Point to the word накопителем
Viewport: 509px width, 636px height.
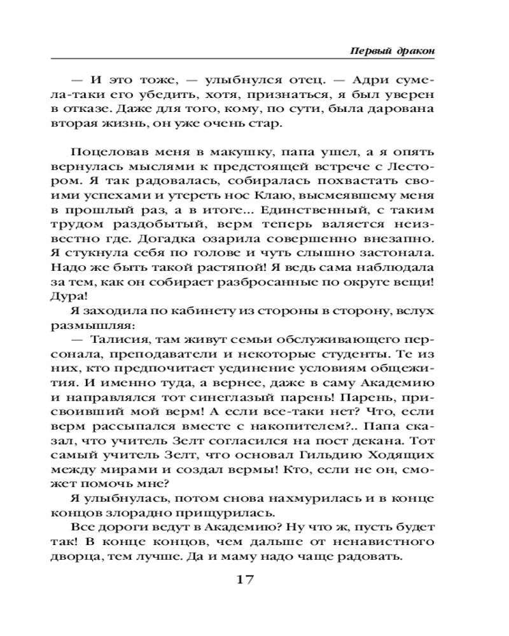point(295,422)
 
